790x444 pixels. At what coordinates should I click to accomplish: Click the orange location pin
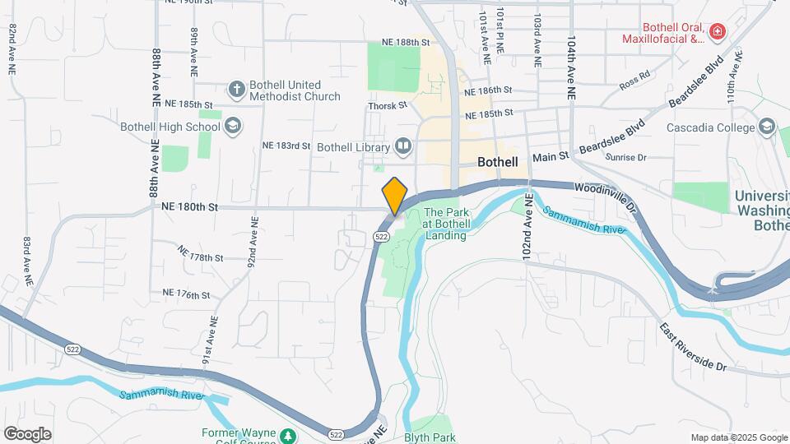[x=395, y=196]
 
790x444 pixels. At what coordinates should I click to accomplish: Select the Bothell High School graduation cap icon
[x=233, y=126]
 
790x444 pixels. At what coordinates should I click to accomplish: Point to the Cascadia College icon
[x=767, y=127]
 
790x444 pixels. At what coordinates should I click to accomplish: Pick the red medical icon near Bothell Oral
[x=718, y=32]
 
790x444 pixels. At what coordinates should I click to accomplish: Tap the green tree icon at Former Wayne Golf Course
[x=287, y=434]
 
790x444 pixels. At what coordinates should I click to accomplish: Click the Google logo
[x=28, y=433]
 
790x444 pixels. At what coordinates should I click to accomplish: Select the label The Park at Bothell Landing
[x=445, y=224]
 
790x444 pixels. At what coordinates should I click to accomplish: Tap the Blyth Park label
[x=430, y=437]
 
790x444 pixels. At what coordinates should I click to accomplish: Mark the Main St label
[x=551, y=156]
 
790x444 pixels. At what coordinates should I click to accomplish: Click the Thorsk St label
[x=388, y=105]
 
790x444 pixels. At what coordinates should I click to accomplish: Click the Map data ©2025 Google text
[x=738, y=437]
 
